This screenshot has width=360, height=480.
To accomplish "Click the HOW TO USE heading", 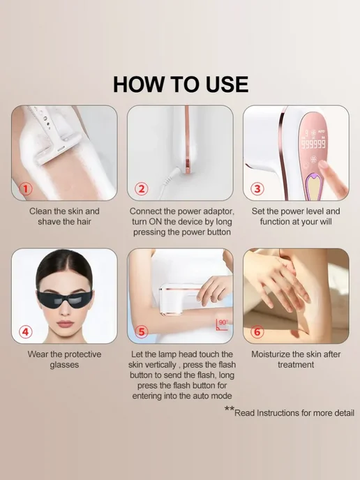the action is pos(181,84).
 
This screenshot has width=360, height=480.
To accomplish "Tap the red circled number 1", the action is pos(26,188).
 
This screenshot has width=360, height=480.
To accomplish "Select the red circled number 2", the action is pos(142,188).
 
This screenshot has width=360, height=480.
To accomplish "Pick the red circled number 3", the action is pos(257,188).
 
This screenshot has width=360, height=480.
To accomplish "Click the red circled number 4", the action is pos(26,331).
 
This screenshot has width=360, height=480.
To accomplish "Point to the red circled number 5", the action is pos(142,331).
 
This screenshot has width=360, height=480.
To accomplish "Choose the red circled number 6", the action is pos(257,331).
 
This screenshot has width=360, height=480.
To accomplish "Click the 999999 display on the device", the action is pos(314,143).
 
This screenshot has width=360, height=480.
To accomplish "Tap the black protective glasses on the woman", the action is pos(65,299).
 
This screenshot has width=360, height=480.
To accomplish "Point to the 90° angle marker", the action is pos(223,324).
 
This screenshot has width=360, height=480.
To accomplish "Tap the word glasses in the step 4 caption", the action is pos(64,365).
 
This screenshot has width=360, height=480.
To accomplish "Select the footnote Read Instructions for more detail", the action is pos(294,413).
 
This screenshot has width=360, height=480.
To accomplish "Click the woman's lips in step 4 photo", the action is pos(65,324).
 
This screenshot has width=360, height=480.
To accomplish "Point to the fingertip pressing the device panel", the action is pos(323,165).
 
